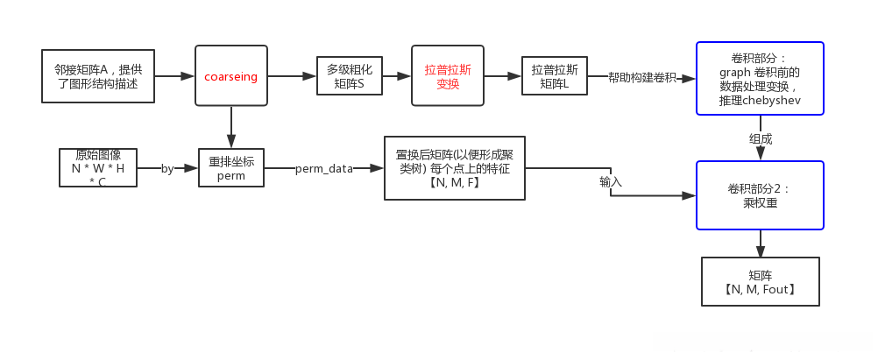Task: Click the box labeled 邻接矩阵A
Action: (98, 76)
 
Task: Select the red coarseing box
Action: (231, 76)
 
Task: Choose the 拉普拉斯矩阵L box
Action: (555, 76)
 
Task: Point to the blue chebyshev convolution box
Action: (760, 78)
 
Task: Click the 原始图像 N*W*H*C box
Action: (98, 167)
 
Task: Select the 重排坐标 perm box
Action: (231, 168)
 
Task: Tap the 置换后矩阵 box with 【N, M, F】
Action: (454, 168)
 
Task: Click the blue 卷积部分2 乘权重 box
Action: (760, 194)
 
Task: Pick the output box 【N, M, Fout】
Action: (760, 281)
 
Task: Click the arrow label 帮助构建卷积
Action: (642, 78)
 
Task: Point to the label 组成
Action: (761, 138)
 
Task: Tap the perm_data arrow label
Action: (324, 169)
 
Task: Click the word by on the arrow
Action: (167, 169)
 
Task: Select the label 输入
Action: (610, 182)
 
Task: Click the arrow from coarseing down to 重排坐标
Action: (231, 126)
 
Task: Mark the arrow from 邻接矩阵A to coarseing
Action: (174, 76)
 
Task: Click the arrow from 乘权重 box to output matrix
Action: (760, 243)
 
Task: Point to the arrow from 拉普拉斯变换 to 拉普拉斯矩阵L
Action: (502, 76)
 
